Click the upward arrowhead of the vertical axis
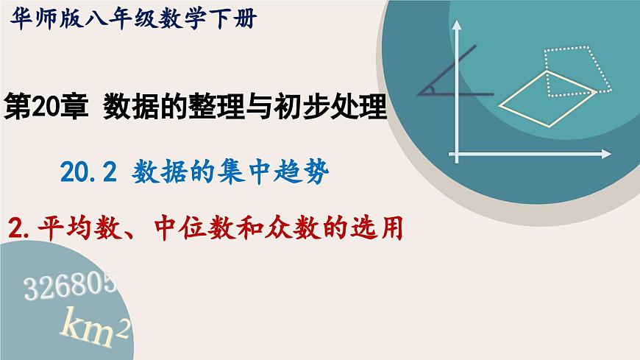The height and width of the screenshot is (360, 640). coord(458,26)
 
